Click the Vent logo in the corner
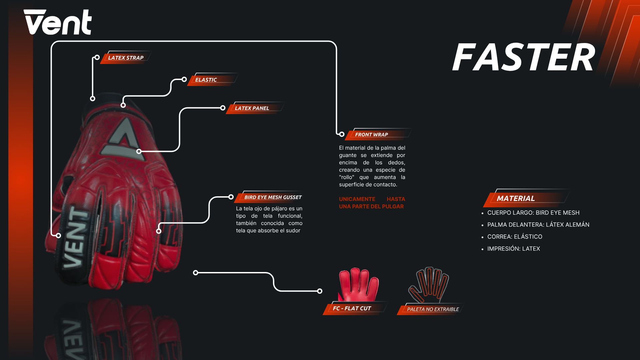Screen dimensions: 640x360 [x=58, y=22]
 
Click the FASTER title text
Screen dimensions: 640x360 [x=523, y=57]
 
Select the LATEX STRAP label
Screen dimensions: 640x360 [x=126, y=58]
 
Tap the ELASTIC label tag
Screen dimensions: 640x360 [x=206, y=80]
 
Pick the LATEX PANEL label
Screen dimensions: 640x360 [x=252, y=108]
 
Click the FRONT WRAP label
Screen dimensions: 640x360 [x=371, y=134]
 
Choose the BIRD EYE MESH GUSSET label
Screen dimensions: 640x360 [x=273, y=197]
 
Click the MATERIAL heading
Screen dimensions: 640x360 [x=516, y=198]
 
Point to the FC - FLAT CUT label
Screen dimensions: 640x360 [x=352, y=308]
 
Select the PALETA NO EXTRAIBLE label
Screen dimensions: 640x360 [x=433, y=309]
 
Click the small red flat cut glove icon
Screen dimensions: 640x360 [x=359, y=284]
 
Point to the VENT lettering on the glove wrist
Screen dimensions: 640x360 [x=76, y=238]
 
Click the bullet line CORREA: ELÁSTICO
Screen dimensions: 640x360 [x=515, y=237]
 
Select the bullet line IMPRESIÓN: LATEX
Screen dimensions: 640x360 [x=513, y=249]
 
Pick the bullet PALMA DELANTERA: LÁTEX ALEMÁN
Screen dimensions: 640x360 [x=538, y=225]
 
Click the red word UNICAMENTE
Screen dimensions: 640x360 [x=357, y=199]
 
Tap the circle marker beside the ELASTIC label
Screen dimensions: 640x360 [x=184, y=79]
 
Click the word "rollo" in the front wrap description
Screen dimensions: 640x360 [x=347, y=177]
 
